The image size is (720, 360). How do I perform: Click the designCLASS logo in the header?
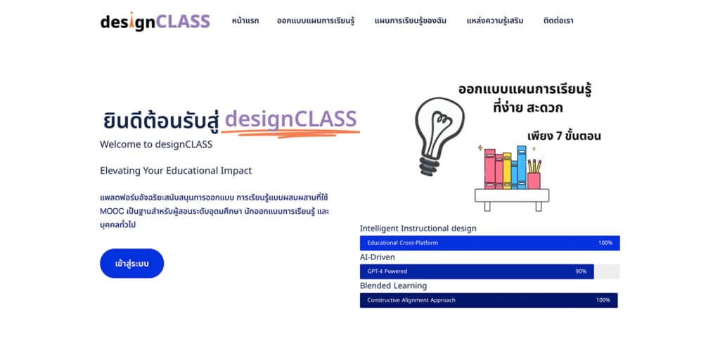[155, 22]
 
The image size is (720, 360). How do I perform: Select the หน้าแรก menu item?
[245, 20]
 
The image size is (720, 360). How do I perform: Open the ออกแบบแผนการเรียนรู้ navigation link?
[316, 20]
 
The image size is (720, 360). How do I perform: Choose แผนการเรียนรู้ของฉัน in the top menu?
[411, 20]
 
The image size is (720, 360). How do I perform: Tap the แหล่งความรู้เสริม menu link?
[495, 20]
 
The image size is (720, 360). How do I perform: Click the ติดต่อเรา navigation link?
[558, 20]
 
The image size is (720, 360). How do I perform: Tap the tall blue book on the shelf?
[522, 167]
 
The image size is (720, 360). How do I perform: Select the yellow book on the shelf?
[507, 170]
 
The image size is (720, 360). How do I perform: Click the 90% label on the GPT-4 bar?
[581, 271]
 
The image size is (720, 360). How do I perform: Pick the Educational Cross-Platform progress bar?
[490, 243]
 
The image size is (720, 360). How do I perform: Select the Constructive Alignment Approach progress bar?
[489, 300]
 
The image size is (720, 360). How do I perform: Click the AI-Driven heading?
[378, 257]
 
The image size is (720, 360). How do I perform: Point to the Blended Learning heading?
[394, 285]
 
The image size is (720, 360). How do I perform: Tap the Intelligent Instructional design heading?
[418, 229]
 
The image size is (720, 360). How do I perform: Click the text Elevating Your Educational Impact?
[176, 171]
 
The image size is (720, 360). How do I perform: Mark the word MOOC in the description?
[109, 212]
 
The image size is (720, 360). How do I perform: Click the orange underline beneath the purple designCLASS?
[290, 133]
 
